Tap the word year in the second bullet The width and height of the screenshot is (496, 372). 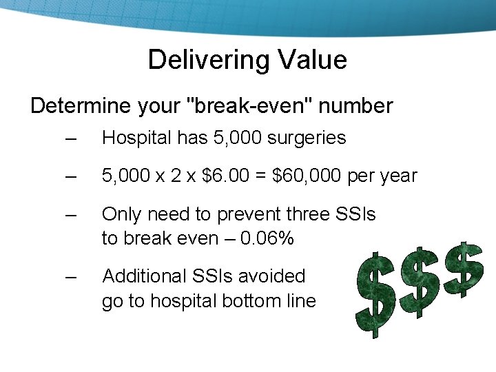coord(398,176)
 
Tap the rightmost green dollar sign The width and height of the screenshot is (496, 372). coord(464,269)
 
